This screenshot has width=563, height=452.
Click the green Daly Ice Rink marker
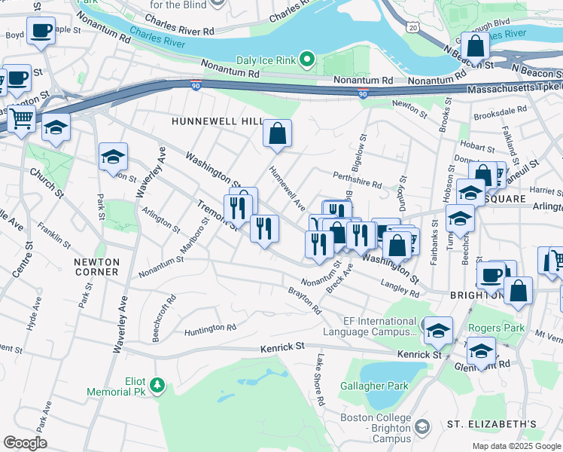306,58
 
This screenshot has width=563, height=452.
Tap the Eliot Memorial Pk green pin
157,386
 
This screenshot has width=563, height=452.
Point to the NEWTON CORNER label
96,266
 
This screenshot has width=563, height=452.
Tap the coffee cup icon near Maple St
41,31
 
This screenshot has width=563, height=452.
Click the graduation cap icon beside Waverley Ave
113,157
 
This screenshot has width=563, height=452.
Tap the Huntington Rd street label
210,328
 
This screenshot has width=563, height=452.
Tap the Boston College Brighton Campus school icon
421,427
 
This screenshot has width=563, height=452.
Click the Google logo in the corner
25,442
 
